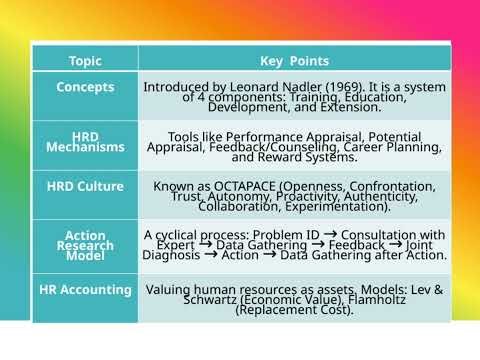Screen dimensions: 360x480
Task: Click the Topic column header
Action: coord(85,60)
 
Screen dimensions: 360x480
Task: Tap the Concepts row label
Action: coord(85,87)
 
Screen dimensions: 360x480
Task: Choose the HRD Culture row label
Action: coord(85,186)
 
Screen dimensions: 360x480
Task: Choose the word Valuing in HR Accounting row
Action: coord(170,290)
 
